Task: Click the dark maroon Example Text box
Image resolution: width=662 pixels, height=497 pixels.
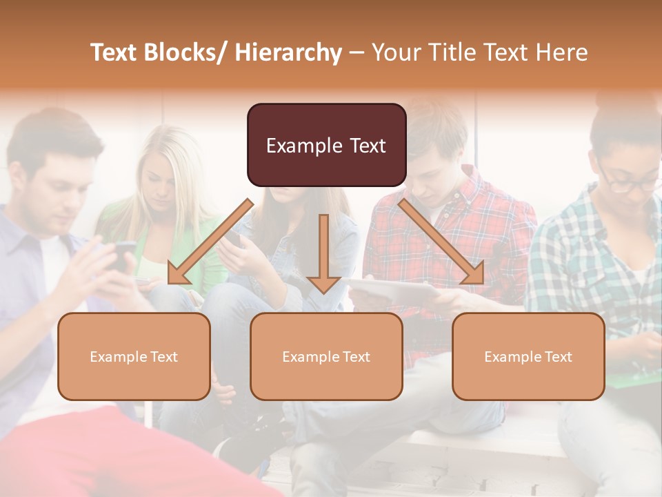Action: [326, 145]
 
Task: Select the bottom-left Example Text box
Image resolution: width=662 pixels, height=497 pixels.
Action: [134, 356]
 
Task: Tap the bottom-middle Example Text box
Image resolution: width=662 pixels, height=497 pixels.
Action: [326, 356]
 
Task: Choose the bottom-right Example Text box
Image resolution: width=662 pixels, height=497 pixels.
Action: [528, 356]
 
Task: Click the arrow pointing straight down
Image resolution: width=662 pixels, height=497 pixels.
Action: [323, 255]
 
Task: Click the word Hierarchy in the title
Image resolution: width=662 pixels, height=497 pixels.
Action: [288, 52]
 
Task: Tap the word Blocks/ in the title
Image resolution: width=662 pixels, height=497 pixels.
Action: [190, 52]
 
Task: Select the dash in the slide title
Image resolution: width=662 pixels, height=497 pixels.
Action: [357, 52]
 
